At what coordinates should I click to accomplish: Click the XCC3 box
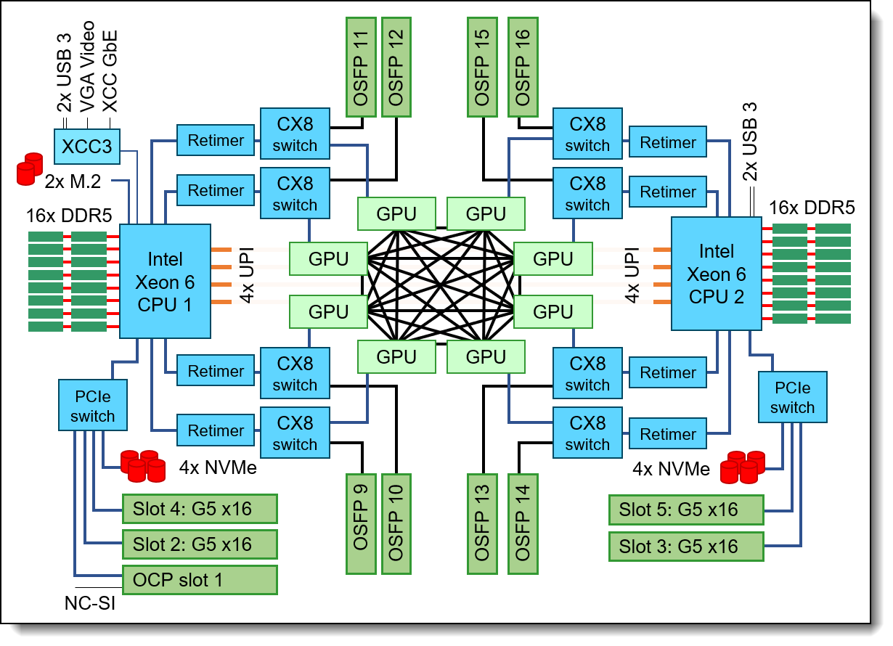[x=87, y=146]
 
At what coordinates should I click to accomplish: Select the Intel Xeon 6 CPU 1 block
[x=165, y=281]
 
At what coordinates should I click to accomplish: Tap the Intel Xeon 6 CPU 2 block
[x=717, y=274]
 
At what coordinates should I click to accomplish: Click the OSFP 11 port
[x=361, y=68]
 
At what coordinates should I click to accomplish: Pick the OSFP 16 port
[x=521, y=68]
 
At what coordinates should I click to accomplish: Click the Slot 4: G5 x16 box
[x=200, y=509]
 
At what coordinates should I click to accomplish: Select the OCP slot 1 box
[x=200, y=579]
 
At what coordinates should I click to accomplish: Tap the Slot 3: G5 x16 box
[x=686, y=546]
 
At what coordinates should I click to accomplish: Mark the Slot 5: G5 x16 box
[x=686, y=510]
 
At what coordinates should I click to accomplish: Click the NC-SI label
[x=89, y=603]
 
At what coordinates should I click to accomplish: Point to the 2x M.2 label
[x=73, y=181]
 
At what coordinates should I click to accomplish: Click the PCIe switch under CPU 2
[x=792, y=397]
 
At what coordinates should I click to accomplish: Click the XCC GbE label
[x=110, y=73]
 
